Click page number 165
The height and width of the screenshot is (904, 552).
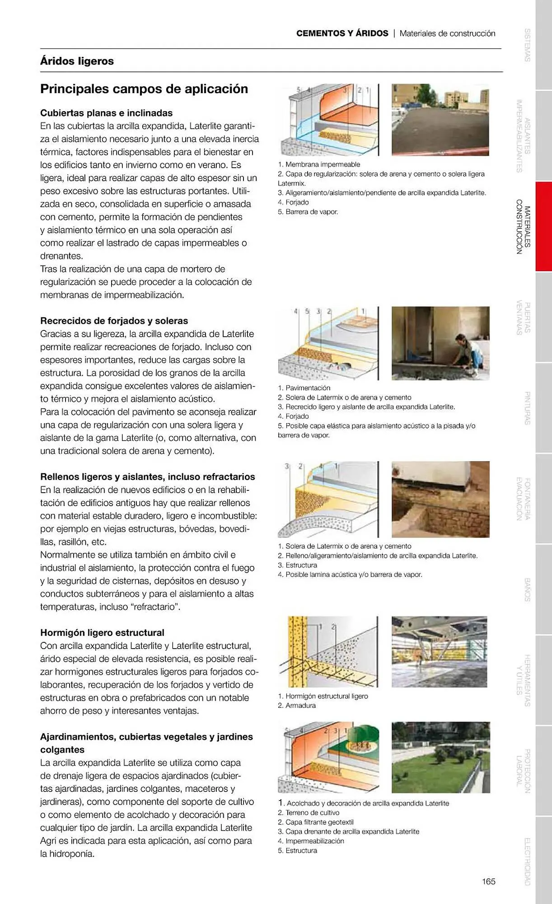coord(488,881)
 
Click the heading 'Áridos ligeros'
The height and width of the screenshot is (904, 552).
coord(77,61)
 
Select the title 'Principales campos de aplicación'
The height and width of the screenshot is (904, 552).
coord(144,89)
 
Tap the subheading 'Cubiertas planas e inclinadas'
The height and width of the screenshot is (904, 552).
coord(106,113)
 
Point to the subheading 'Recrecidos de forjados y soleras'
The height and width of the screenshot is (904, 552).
coord(114,321)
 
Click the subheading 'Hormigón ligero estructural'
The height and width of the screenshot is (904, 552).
coord(102,633)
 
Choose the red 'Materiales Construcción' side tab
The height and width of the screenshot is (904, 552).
coord(524,226)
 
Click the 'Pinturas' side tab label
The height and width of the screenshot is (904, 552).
coord(527,408)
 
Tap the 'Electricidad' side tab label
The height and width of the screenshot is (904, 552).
coord(527,862)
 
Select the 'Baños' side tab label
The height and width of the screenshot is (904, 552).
coord(527,589)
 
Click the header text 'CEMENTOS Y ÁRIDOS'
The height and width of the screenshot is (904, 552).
coord(342,33)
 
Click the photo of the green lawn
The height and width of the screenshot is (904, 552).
coord(440,757)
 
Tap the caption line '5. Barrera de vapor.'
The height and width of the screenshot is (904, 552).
coord(308,212)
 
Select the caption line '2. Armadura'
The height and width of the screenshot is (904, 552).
coord(297,706)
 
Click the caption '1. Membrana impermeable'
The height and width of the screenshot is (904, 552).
coord(319,165)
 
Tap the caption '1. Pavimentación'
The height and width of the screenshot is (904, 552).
coord(304,388)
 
